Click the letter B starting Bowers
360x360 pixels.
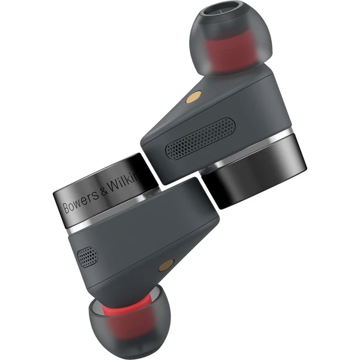point(67,208)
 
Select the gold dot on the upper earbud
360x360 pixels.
point(197,94)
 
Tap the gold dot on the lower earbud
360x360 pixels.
point(163,264)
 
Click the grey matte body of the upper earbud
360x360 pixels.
point(240,108)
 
